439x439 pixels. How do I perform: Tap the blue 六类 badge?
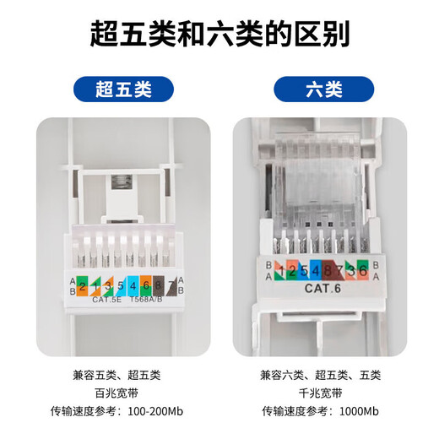point(323,88)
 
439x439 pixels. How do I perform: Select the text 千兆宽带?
point(324,393)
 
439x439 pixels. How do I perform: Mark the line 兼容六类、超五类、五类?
point(324,374)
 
